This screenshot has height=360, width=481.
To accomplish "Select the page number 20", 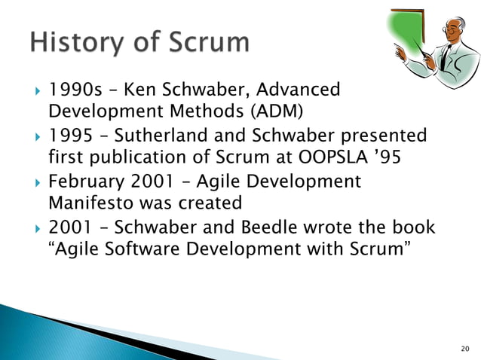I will (x=464, y=348).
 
